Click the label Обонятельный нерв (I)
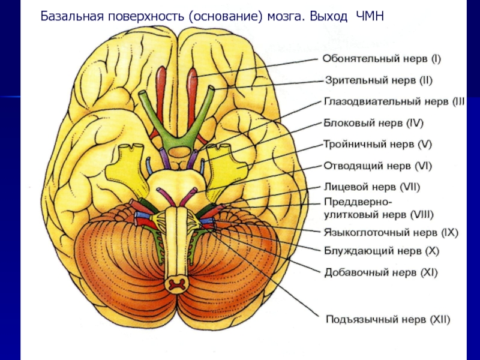382,59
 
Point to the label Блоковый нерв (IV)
374,123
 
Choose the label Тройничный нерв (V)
377,144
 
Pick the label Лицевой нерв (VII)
372,187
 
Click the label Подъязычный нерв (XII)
387,318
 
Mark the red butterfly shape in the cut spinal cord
176,283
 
